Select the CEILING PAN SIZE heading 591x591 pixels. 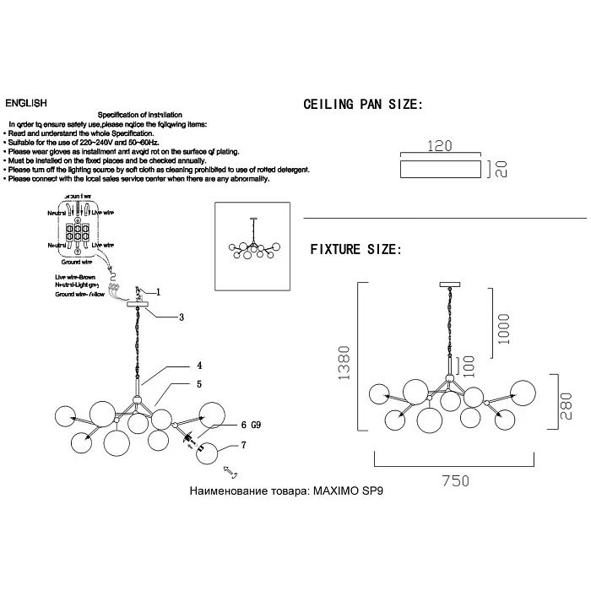click(361, 106)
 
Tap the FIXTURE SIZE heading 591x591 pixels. click(355, 250)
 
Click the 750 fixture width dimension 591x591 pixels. click(454, 480)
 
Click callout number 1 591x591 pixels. click(158, 292)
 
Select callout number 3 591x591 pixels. click(181, 317)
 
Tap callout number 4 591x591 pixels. click(199, 366)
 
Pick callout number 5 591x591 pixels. click(199, 384)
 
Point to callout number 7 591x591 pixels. click(243, 444)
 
